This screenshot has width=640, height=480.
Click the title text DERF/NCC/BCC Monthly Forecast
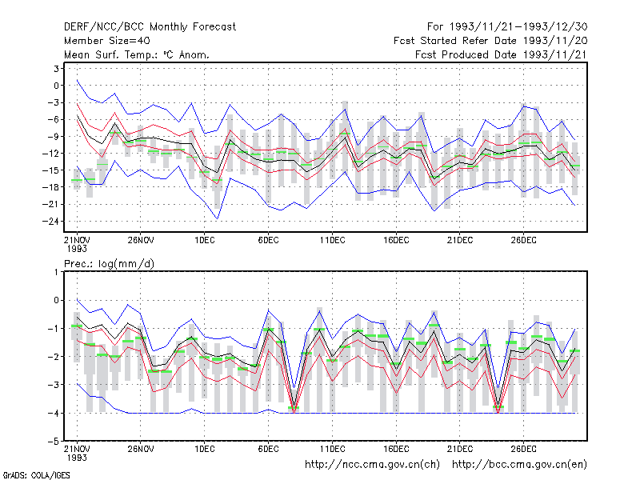150,27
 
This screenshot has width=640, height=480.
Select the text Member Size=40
107,41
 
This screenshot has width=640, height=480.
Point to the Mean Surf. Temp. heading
136,54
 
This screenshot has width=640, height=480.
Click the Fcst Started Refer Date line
490,41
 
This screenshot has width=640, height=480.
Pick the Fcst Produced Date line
502,54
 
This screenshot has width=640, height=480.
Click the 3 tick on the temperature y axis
56,69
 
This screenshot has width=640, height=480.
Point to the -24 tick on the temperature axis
51,222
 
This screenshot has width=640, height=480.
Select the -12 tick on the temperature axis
51,154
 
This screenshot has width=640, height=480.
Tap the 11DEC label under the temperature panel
332,240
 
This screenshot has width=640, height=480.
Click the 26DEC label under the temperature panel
524,240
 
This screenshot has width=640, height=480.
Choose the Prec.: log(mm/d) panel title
109,264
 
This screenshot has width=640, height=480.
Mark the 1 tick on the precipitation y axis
56,272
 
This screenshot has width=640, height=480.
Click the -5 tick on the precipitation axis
54,442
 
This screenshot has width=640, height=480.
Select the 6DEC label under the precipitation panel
268,449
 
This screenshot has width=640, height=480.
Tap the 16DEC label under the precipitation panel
396,449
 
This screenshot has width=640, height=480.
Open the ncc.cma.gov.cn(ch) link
372,465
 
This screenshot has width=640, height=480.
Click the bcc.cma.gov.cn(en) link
519,465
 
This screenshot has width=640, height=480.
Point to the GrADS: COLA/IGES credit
36,475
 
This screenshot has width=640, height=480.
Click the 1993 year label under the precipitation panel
77,458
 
